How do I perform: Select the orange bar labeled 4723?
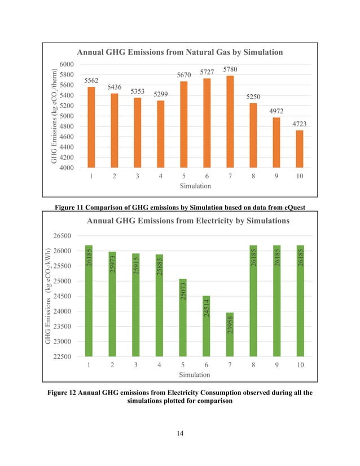(x=299, y=149)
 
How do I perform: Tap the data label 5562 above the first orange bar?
(x=92, y=81)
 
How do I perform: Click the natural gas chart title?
(x=179, y=52)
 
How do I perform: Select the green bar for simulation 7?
(x=230, y=334)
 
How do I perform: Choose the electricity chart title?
(x=188, y=221)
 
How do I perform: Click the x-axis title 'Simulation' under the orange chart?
(x=195, y=186)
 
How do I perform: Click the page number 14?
(x=180, y=433)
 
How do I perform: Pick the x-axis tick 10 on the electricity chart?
(x=300, y=365)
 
